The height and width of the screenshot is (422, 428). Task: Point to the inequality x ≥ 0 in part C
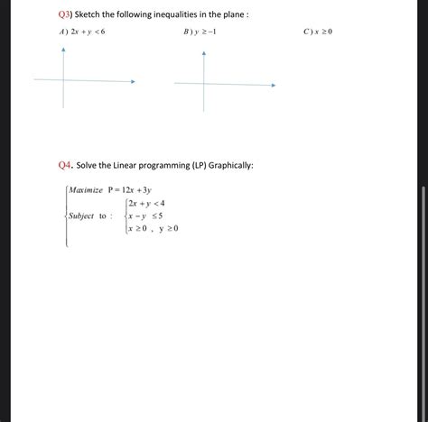pyautogui.click(x=324, y=32)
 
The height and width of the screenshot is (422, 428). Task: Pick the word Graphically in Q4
pyautogui.click(x=229, y=165)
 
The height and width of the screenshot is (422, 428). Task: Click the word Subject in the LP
pyautogui.click(x=81, y=216)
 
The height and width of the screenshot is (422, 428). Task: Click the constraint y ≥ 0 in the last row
pyautogui.click(x=169, y=229)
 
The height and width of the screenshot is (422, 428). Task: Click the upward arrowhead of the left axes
pyautogui.click(x=63, y=50)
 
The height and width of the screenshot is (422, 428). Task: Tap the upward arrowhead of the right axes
pyautogui.click(x=204, y=54)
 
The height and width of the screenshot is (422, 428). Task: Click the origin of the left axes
pyautogui.click(x=63, y=80)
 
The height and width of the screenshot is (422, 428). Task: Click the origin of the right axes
pyautogui.click(x=204, y=85)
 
